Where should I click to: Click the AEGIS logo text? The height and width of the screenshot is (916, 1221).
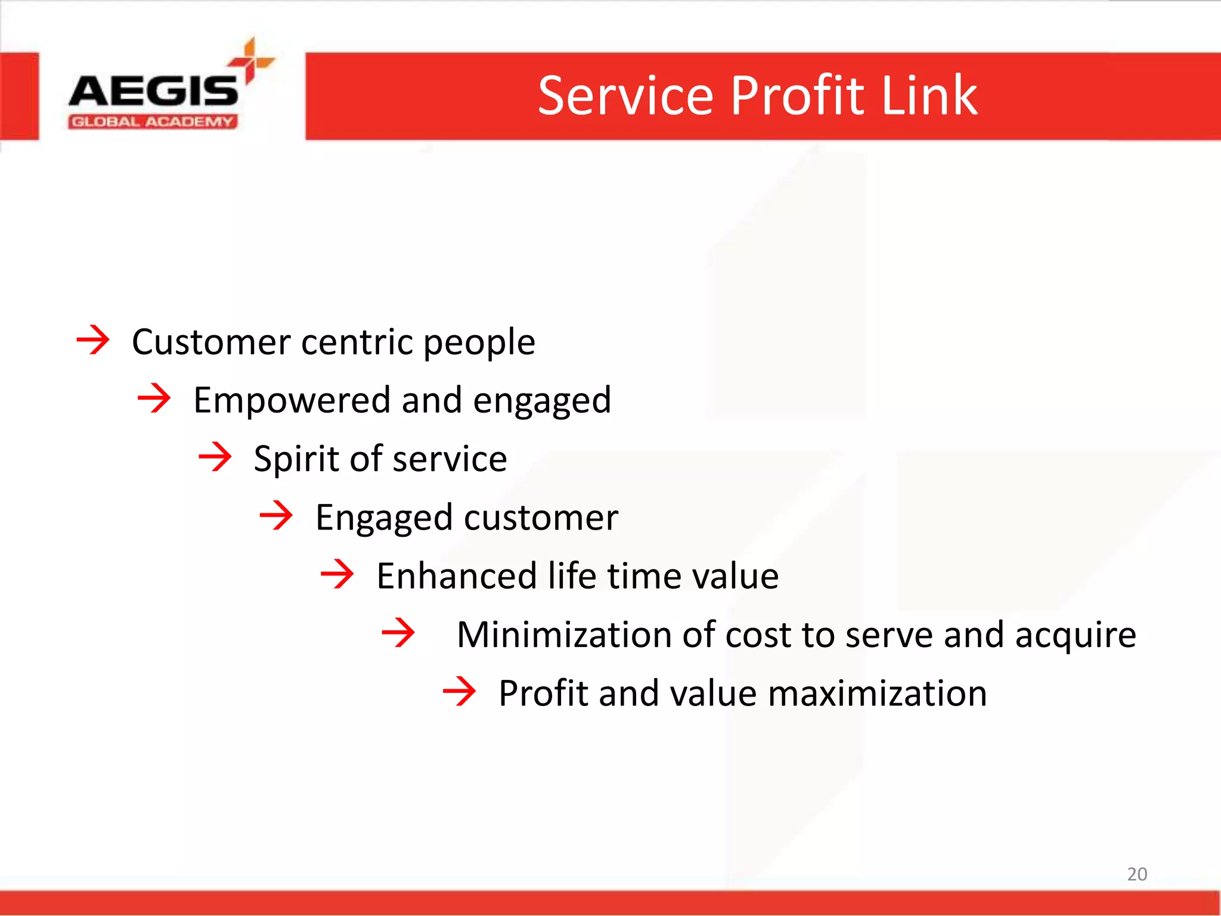[x=154, y=91]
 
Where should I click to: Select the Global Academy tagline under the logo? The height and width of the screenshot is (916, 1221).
[x=153, y=122]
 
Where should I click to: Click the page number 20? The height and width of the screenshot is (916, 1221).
[x=1136, y=874]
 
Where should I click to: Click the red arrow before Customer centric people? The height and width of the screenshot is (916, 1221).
[x=93, y=340]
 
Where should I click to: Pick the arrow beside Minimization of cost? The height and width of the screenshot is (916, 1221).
[x=398, y=633]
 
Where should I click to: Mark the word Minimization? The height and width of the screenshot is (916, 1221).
[x=564, y=634]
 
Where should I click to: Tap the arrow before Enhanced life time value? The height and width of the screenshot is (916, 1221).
[x=337, y=574]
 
